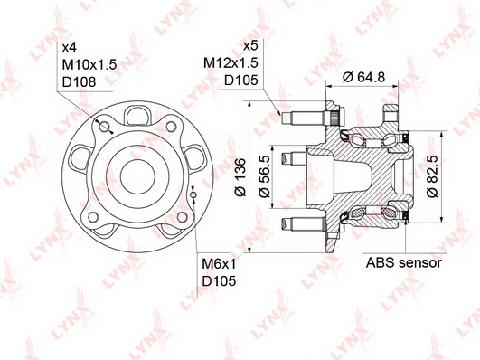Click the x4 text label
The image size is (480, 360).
[70, 48]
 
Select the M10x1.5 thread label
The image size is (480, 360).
[89, 64]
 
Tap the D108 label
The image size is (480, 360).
[79, 81]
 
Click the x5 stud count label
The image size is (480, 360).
[250, 45]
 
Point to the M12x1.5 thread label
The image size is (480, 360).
[231, 62]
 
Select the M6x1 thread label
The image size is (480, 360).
[219, 264]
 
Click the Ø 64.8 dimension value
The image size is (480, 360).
[363, 77]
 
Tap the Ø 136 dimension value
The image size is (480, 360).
[240, 177]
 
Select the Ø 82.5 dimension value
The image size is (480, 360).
[432, 176]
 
